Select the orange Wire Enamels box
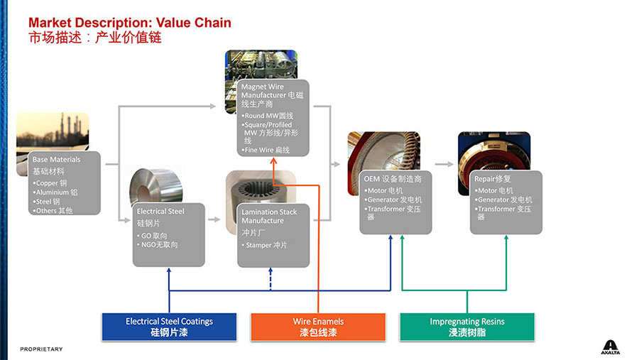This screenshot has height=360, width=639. click(318, 327)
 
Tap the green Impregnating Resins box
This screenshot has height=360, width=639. click(466, 327)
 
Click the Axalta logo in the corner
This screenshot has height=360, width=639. click(611, 346)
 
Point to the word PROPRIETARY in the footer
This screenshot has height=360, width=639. click(41, 349)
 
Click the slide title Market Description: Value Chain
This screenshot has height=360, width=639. click(130, 23)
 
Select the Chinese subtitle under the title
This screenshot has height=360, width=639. click(95, 38)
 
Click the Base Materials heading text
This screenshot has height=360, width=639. click(57, 160)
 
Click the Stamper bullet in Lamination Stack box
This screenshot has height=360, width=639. click(266, 245)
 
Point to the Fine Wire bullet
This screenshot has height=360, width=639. click(267, 150)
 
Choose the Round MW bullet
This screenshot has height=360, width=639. click(268, 116)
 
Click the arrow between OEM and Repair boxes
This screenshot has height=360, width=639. click(444, 164)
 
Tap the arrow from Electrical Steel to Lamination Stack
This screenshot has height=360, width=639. click(214, 219)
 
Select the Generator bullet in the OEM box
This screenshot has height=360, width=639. click(394, 200)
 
